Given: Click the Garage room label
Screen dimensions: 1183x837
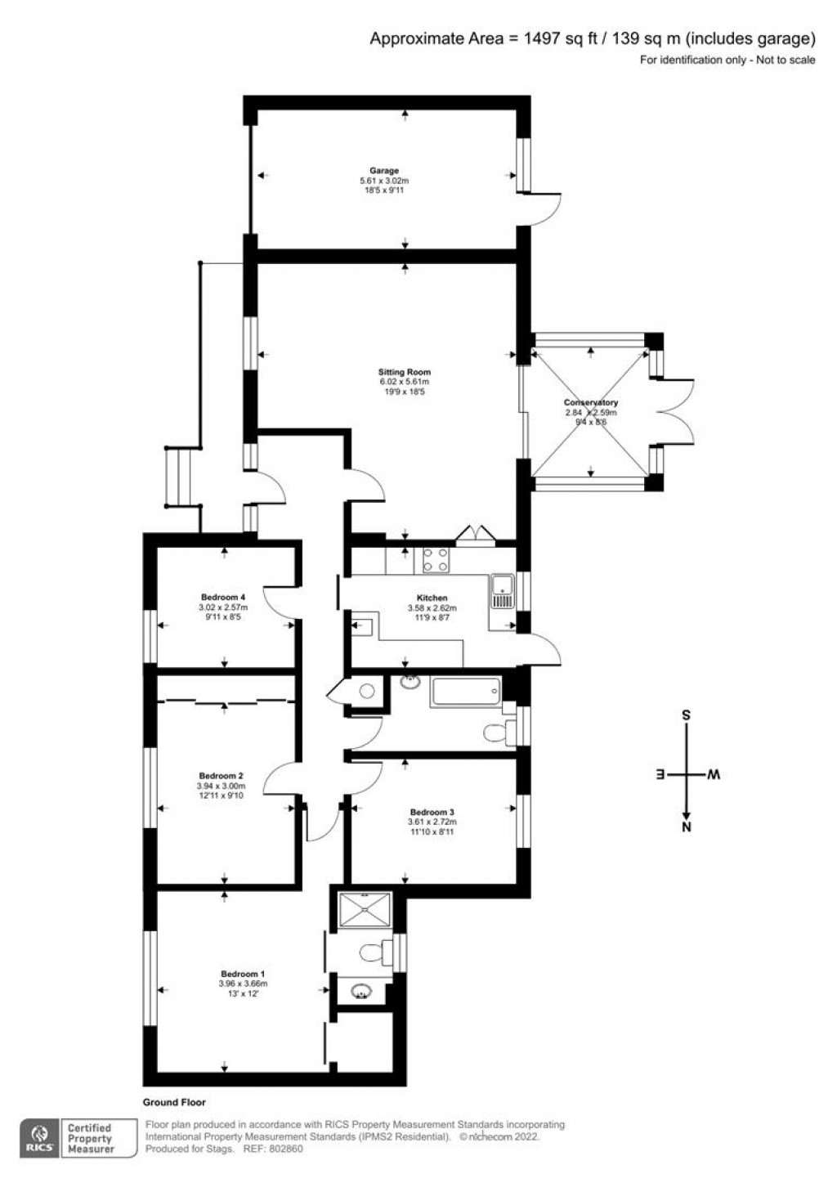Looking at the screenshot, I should [383, 171].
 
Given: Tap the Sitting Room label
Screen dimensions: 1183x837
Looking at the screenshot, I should [404, 372].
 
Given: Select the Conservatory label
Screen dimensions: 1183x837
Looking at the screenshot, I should [590, 402].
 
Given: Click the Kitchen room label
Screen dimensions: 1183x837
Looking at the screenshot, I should [432, 598].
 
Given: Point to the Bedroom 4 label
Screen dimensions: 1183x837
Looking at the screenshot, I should [223, 597].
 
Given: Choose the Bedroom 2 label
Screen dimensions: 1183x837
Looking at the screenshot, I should [221, 776].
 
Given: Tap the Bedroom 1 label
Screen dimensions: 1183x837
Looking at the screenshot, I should [243, 974].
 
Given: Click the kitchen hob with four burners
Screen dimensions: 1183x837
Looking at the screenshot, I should [434, 560].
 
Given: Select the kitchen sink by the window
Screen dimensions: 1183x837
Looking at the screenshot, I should [502, 590].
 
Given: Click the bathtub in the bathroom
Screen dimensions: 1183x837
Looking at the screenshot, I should [465, 692].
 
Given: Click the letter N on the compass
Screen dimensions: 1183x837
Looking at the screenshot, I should [687, 827].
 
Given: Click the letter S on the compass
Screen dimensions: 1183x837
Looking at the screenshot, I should [687, 715].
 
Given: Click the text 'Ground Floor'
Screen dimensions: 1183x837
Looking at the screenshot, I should [174, 1102].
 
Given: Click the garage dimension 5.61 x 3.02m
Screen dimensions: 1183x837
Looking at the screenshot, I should [383, 181].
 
